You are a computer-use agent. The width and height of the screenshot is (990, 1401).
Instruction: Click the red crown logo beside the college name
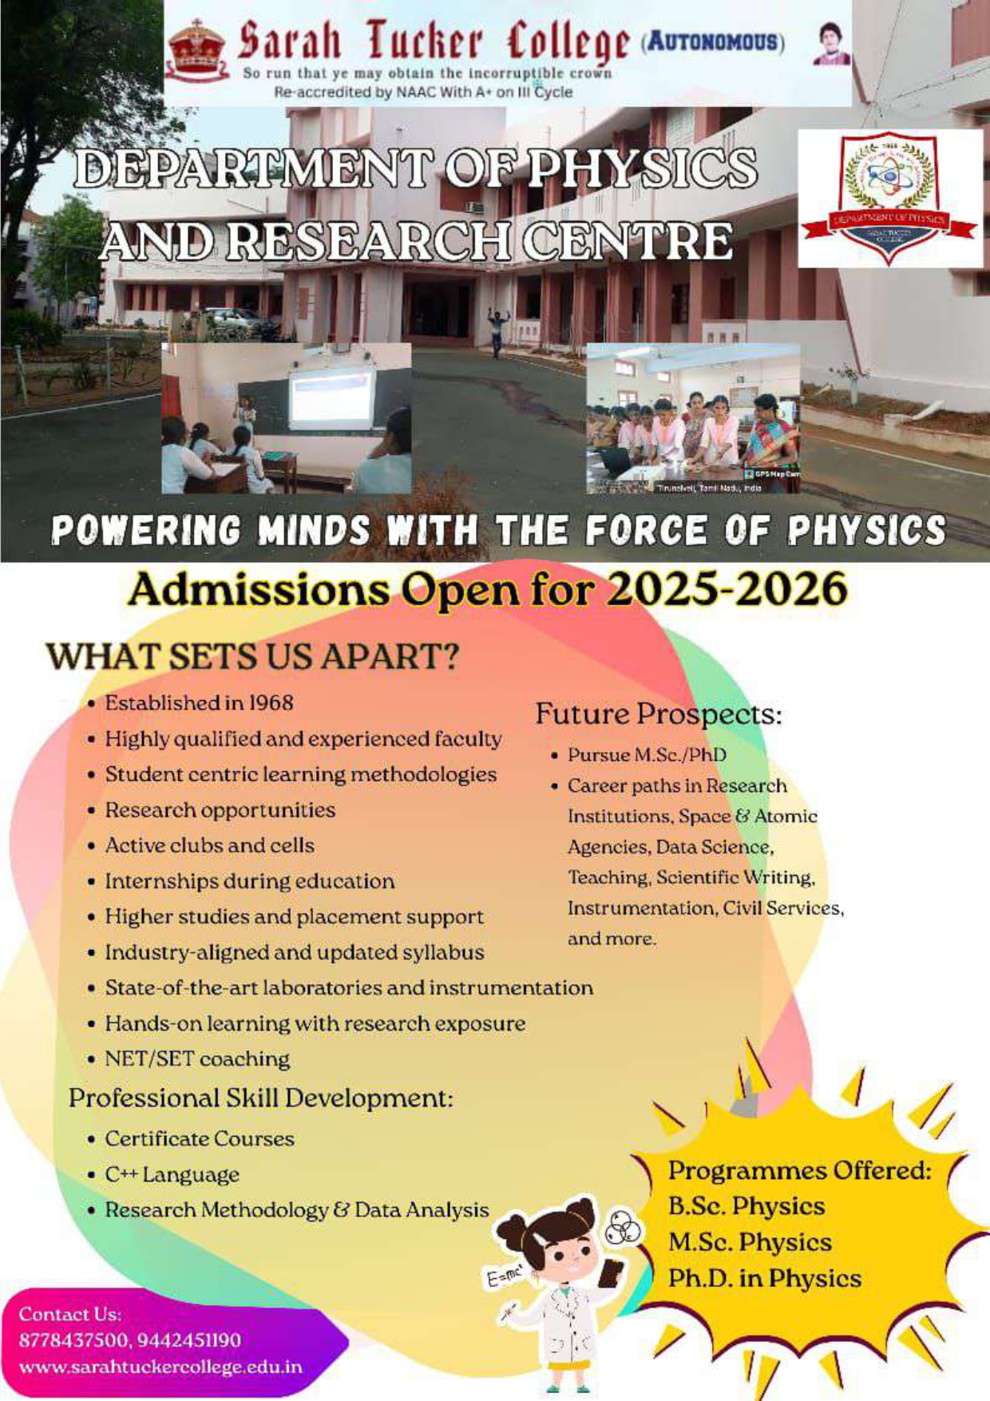(x=196, y=49)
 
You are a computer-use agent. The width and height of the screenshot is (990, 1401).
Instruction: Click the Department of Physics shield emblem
(x=889, y=199)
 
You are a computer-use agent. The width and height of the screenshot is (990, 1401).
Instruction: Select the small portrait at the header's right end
(x=832, y=44)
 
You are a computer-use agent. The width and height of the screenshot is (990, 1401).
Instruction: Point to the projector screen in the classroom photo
(x=331, y=396)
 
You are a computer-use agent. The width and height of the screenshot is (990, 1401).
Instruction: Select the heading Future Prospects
(x=658, y=714)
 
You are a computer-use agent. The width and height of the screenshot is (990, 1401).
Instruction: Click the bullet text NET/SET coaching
(x=197, y=1059)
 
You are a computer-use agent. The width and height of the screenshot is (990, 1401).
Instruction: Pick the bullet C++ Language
(x=172, y=1175)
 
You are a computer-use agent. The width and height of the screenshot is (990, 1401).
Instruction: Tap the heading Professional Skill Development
(x=260, y=1098)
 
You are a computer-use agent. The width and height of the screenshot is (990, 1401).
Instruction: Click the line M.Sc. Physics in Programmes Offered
(x=750, y=1242)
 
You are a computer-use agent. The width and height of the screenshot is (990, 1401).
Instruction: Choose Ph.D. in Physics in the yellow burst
(x=764, y=1279)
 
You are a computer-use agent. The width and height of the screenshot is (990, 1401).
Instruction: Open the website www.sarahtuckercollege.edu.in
(x=160, y=1367)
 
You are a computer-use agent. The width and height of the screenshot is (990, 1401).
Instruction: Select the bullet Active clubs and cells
(x=209, y=845)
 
